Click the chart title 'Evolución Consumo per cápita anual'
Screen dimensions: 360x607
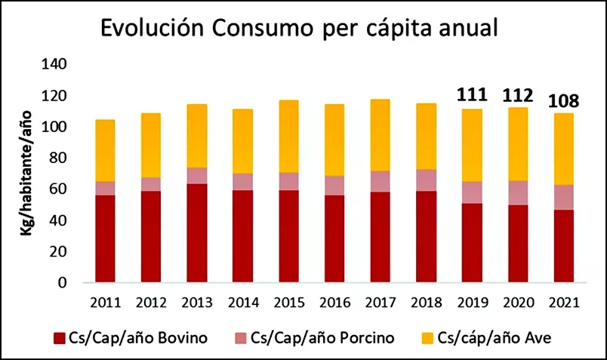pos(300,30)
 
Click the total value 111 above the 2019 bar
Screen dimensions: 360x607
pos(471,95)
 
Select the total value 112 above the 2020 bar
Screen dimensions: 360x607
pos(517,95)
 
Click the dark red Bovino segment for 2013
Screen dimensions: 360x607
pos(196,234)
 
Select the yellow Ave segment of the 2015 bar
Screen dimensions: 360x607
pos(288,136)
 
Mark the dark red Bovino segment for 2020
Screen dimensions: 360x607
pos(517,243)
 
